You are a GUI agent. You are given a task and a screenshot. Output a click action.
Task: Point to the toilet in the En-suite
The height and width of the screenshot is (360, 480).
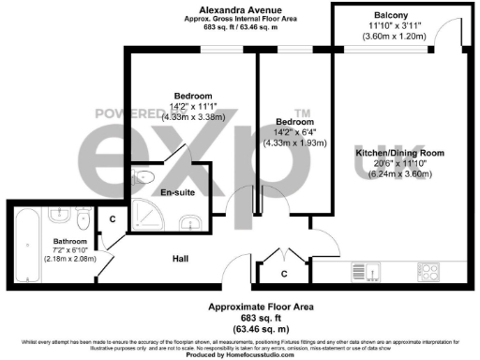click(x=145, y=175)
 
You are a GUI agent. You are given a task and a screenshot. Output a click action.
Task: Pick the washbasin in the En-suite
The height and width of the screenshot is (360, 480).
click(x=190, y=222)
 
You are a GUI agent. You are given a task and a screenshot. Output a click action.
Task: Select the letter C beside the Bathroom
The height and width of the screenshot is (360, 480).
click(x=112, y=219)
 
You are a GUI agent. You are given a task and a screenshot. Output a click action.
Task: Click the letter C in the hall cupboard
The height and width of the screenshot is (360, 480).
click(x=284, y=274)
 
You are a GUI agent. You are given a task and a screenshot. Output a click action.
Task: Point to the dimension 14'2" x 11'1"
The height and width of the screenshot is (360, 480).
click(x=190, y=106)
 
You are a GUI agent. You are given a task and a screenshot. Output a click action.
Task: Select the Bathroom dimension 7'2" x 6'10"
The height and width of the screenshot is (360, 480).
click(x=56, y=247)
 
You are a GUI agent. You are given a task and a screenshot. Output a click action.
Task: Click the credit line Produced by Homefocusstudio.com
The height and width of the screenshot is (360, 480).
click(x=240, y=354)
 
